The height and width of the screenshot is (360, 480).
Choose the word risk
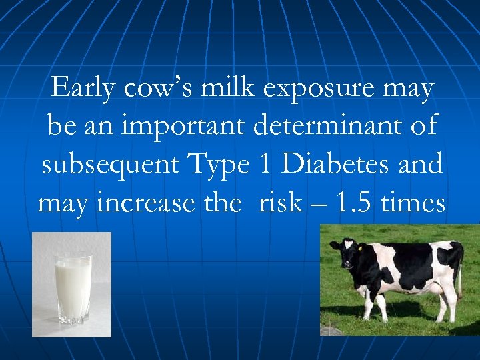click(280, 202)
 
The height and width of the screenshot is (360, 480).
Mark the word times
click(413, 202)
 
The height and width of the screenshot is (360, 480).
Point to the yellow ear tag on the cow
click(361, 248)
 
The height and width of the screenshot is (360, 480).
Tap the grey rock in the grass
click(330, 331)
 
